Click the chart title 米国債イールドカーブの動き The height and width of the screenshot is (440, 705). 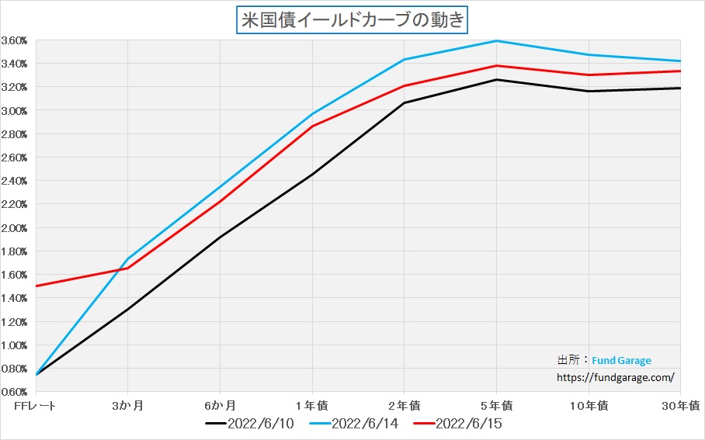coord(352,19)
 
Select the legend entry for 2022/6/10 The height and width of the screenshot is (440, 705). coord(249,424)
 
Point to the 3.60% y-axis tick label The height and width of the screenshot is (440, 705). coord(15,40)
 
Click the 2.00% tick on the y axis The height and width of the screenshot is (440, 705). coord(15,228)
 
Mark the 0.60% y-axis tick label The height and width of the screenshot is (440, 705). coord(15,392)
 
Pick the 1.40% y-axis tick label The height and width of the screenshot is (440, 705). coord(15,298)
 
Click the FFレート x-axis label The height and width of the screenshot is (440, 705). coord(36,405)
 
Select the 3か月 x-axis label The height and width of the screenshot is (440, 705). coord(127,405)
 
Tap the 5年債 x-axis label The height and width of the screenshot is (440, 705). coord(497,405)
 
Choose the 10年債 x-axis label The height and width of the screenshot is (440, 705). coord(589,405)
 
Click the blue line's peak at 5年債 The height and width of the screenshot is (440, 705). coord(497,40)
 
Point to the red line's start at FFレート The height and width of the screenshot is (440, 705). coord(36,286)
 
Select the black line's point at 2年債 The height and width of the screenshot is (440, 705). coord(405,102)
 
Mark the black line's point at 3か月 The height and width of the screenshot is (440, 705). coord(127,309)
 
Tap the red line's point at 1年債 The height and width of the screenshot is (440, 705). coord(312,126)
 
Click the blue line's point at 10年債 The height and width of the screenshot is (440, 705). coord(589,54)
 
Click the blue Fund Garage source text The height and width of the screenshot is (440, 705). coord(621,360)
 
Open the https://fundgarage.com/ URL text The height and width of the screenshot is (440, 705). coord(616,377)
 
